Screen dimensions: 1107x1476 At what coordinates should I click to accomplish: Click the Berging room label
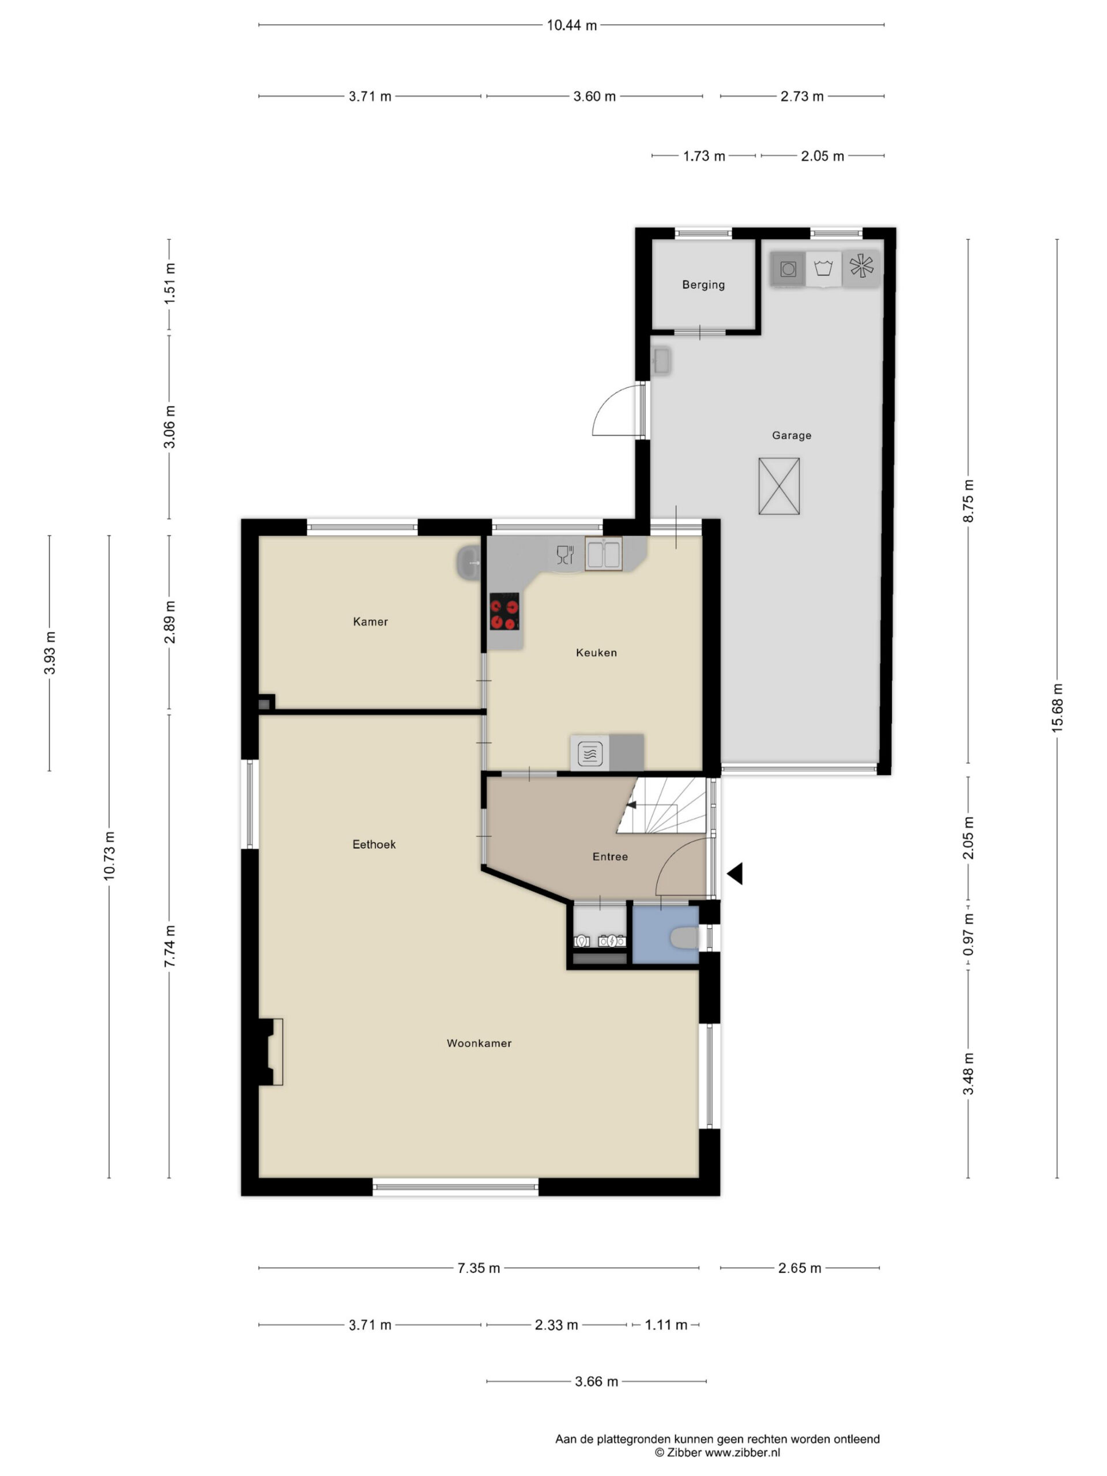pyautogui.click(x=703, y=285)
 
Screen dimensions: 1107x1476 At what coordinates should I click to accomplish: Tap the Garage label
pyautogui.click(x=792, y=435)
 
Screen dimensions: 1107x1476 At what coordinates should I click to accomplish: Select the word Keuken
pyautogui.click(x=596, y=653)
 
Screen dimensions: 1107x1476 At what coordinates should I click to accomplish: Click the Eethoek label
pyautogui.click(x=374, y=844)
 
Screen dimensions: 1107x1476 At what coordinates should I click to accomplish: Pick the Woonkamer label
pyautogui.click(x=479, y=1043)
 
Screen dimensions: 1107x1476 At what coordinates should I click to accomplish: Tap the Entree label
pyautogui.click(x=610, y=856)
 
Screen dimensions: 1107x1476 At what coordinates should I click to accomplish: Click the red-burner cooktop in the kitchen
pyautogui.click(x=504, y=611)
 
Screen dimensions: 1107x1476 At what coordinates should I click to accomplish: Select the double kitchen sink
pyautogui.click(x=603, y=554)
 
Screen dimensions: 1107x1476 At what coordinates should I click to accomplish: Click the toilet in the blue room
pyautogui.click(x=684, y=938)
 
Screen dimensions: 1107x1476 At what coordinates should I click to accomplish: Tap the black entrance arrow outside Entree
pyautogui.click(x=735, y=873)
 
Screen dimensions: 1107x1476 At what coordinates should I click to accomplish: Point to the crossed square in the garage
pyautogui.click(x=779, y=486)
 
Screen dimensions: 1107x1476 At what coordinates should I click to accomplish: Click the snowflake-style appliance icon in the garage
pyautogui.click(x=861, y=266)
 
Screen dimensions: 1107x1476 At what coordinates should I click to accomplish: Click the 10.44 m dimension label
pyautogui.click(x=572, y=25)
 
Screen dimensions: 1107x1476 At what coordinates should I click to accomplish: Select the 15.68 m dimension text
pyautogui.click(x=1057, y=708)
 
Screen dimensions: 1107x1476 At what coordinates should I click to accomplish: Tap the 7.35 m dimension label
pyautogui.click(x=479, y=1268)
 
